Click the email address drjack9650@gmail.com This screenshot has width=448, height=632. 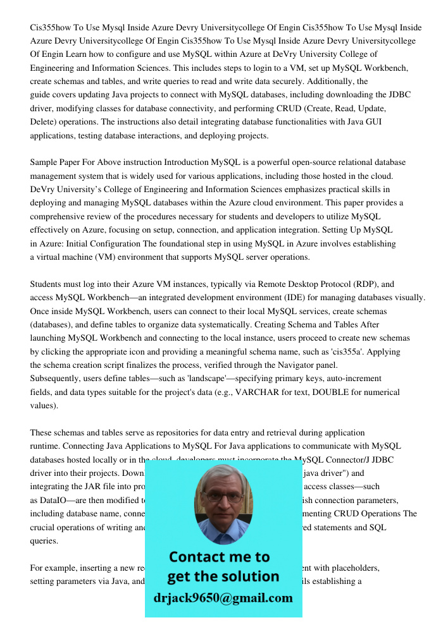223,598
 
